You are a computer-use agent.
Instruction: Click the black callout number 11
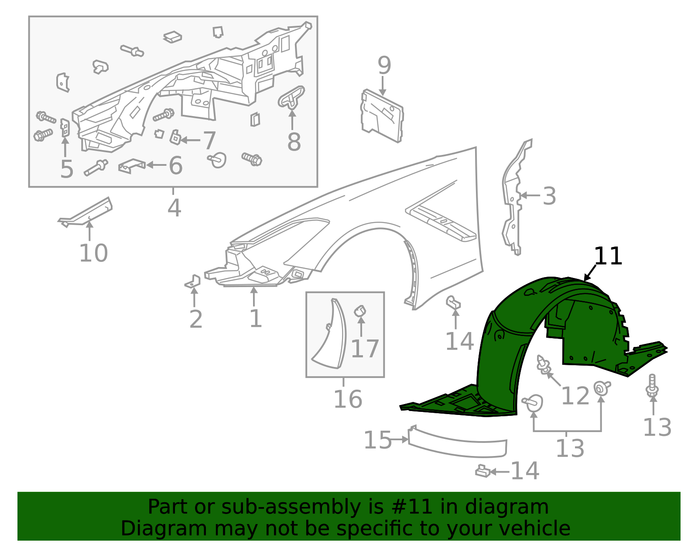coord(608,256)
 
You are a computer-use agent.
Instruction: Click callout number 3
coord(549,196)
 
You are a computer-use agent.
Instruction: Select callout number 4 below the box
coord(174,208)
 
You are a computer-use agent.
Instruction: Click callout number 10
coord(93,253)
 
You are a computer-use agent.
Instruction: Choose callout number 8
coord(294,142)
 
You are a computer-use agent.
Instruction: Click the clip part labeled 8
coord(291,97)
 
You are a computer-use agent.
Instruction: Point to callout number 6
coord(175,166)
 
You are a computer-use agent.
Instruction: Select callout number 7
coord(209,141)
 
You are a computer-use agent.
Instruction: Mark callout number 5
coord(66,169)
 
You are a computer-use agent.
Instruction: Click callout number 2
coord(196,319)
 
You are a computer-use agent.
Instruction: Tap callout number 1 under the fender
coord(255,319)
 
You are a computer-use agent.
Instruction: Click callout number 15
coord(377,440)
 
